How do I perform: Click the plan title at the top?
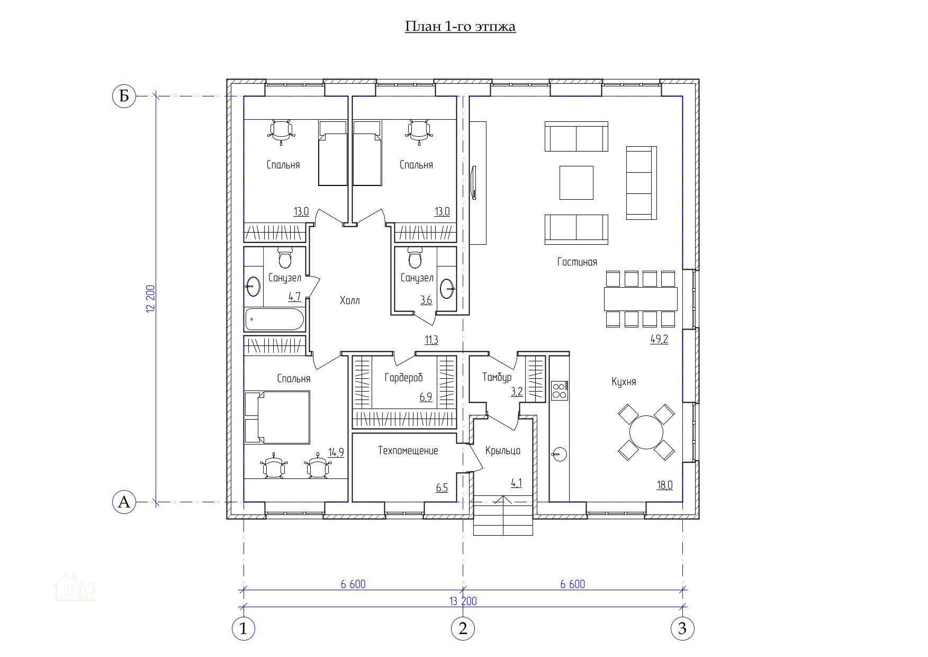click(x=460, y=26)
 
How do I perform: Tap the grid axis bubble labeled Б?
click(x=124, y=96)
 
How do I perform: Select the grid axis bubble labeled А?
click(x=124, y=502)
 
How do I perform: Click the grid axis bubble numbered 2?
click(x=463, y=629)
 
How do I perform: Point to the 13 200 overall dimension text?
click(x=463, y=601)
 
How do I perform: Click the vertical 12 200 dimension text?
click(x=150, y=299)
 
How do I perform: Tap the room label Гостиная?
click(x=577, y=262)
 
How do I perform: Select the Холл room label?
click(x=349, y=300)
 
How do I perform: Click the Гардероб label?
click(x=403, y=378)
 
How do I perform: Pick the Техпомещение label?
click(x=408, y=451)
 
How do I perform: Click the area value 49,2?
click(x=659, y=340)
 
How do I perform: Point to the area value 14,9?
click(x=336, y=452)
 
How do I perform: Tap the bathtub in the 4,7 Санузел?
click(x=274, y=319)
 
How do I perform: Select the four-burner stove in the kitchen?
click(x=559, y=390)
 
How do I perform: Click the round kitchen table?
click(x=646, y=432)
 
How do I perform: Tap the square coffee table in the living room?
click(x=576, y=183)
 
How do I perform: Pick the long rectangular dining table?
click(x=641, y=299)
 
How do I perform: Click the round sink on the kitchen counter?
click(x=559, y=454)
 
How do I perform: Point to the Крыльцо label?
click(x=503, y=451)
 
